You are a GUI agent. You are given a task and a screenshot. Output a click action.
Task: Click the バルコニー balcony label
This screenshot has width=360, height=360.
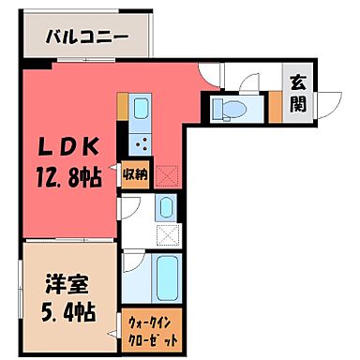click(88, 40)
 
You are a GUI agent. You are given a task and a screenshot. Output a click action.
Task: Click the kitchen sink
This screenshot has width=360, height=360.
click(140, 113)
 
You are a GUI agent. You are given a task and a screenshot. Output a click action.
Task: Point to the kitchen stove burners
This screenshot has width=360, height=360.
click(142, 144)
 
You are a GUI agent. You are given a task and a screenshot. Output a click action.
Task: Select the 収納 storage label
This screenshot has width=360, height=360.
click(133, 174)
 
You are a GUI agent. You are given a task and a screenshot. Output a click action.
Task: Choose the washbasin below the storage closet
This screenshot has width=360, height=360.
click(164, 209)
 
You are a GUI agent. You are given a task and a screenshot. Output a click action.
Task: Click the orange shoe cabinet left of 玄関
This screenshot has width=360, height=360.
click(274, 109)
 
